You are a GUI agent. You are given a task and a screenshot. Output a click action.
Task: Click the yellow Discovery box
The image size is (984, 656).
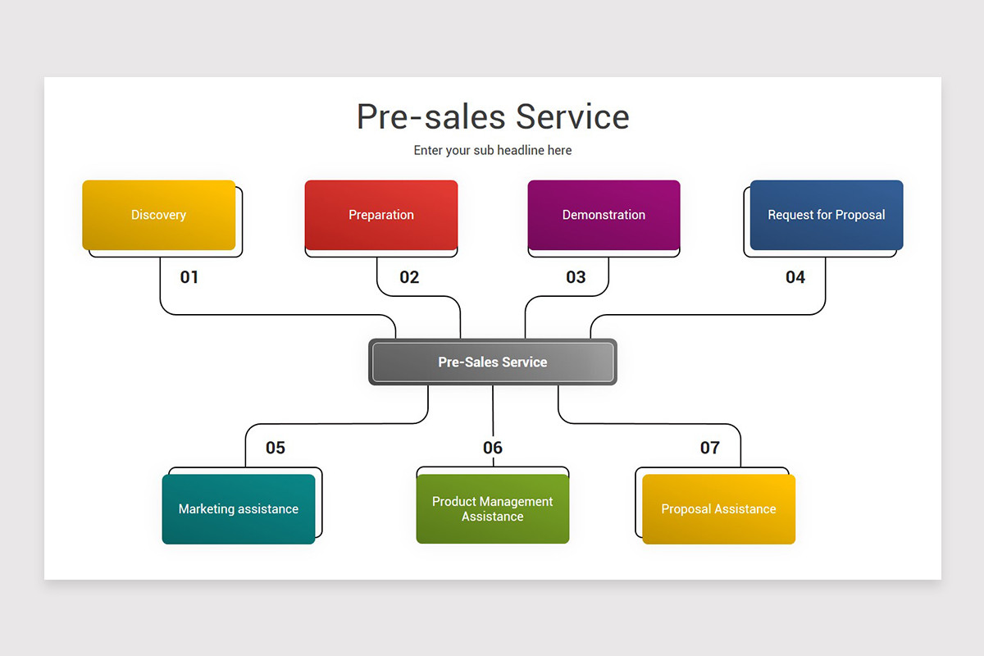click(159, 215)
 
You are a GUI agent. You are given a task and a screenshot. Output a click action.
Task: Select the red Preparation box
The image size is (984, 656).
click(381, 215)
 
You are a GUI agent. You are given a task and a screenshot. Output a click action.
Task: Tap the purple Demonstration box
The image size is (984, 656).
click(604, 215)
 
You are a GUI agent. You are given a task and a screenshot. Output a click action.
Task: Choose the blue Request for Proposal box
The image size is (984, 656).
click(827, 215)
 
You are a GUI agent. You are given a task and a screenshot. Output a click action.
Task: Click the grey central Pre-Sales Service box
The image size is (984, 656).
click(493, 362)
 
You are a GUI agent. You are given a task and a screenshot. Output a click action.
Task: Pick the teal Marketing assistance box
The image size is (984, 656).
click(239, 509)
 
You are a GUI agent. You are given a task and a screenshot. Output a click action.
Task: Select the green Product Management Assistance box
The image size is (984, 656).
click(493, 509)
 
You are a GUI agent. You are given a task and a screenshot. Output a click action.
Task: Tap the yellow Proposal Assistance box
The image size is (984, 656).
click(719, 509)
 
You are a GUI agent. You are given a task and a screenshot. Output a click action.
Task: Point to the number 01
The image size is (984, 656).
click(189, 277)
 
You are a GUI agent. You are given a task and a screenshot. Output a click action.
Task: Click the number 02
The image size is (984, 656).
click(409, 277)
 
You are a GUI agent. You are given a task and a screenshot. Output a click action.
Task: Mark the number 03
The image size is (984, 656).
click(576, 277)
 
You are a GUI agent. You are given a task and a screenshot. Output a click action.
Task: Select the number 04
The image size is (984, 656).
click(795, 277)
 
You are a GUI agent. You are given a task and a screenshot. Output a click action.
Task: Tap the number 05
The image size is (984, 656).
click(276, 448)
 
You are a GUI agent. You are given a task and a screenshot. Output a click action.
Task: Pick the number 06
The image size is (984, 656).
click(493, 448)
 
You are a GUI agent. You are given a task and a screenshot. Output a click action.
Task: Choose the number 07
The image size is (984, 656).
click(710, 448)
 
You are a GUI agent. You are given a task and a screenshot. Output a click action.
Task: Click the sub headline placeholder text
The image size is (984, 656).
click(493, 151)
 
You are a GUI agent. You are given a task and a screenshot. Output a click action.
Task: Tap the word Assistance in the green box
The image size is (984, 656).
click(493, 517)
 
